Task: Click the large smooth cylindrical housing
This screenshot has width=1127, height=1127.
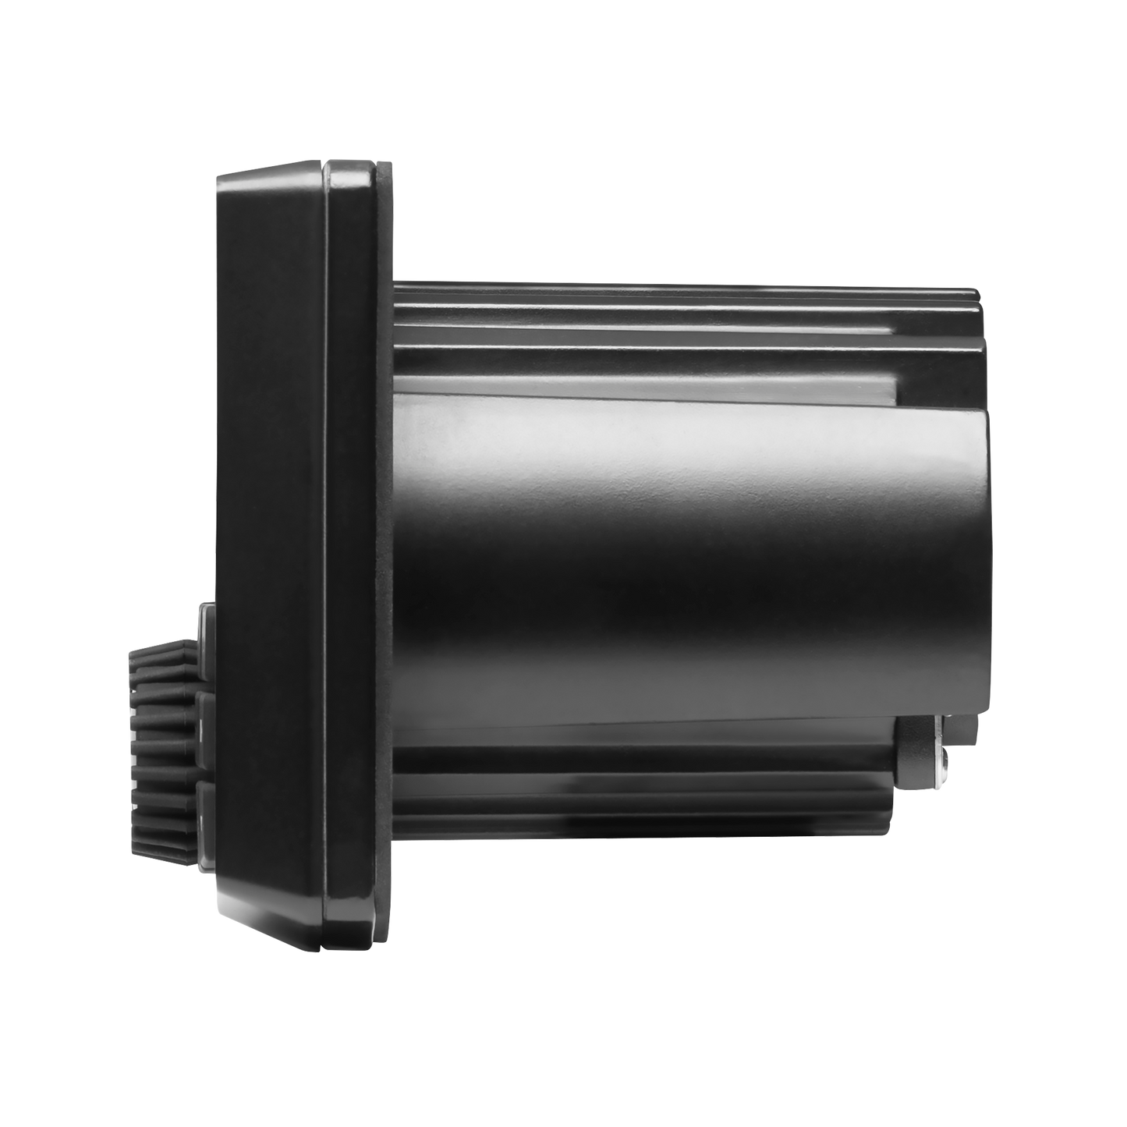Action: tap(686, 562)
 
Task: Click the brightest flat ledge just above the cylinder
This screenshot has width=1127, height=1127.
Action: tap(647, 385)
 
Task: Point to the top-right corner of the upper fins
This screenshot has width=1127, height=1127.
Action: tap(978, 292)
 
